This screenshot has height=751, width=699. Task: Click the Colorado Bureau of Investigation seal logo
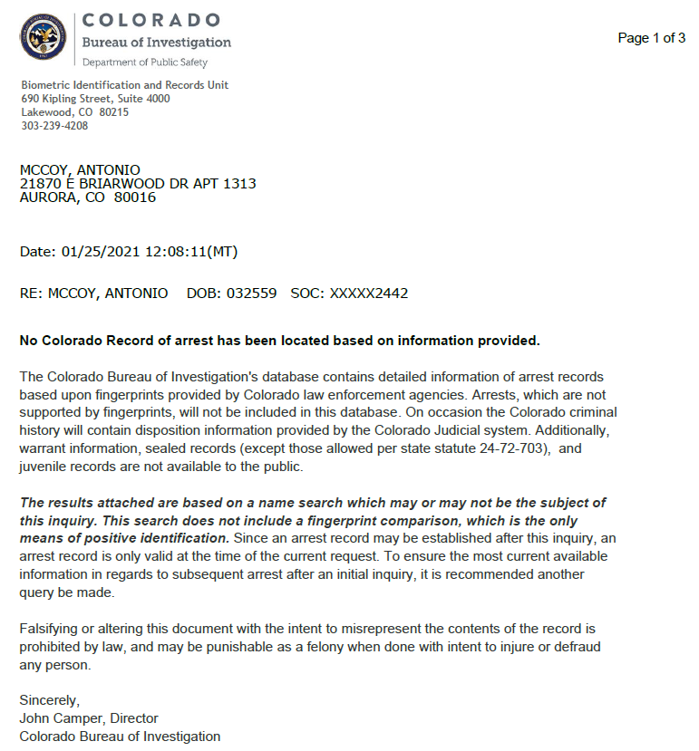pyautogui.click(x=44, y=36)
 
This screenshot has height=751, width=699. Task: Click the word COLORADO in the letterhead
pyautogui.click(x=150, y=20)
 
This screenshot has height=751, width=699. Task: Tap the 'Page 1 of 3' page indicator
pyautogui.click(x=651, y=38)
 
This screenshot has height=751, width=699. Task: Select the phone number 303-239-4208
pyautogui.click(x=54, y=126)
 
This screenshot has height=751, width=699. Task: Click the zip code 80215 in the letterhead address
pyautogui.click(x=114, y=112)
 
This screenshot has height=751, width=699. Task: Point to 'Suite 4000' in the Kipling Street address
pyautogui.click(x=145, y=99)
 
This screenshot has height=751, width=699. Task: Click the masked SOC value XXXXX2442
pyautogui.click(x=369, y=294)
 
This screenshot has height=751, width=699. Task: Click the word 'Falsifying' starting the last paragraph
pyautogui.click(x=51, y=629)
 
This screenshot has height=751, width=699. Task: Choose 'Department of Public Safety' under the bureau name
pyautogui.click(x=145, y=63)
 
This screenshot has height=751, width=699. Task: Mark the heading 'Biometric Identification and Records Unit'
pyautogui.click(x=125, y=85)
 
